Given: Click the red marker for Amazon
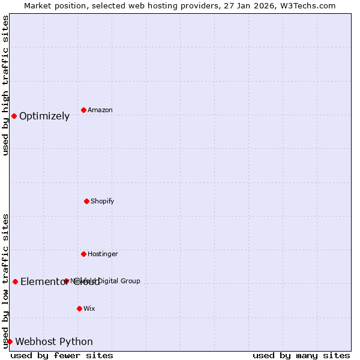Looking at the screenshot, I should click(83, 110).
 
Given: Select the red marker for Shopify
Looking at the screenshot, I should click(86, 201).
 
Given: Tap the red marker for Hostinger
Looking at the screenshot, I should click(83, 254).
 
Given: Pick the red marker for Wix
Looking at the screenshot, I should click(79, 308).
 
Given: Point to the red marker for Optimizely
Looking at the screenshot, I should click(14, 116).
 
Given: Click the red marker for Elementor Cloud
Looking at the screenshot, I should click(15, 281).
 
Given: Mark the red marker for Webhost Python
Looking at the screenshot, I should click(10, 341).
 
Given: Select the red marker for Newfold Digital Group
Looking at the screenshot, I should click(66, 281).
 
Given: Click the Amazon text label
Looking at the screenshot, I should click(100, 110).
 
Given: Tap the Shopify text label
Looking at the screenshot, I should click(103, 201).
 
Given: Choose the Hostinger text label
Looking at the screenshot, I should click(103, 254).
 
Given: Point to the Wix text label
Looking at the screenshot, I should click(89, 308).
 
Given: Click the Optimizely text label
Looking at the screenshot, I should click(44, 116).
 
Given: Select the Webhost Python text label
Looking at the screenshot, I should click(54, 341).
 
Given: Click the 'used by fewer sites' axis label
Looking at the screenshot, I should click(62, 355).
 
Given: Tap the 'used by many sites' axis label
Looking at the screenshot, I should click(301, 355).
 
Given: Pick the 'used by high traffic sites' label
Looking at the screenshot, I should click(5, 86).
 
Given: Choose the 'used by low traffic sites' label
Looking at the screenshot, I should click(5, 280).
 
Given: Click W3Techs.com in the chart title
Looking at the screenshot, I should click(307, 5).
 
